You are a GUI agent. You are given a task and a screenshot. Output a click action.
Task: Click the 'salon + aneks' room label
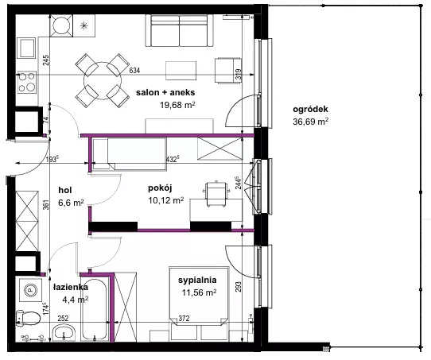pyautogui.click(x=165, y=92)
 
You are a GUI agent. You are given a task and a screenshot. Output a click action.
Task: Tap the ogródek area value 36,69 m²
pyautogui.click(x=310, y=122)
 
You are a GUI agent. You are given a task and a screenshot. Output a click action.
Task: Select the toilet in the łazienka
pyautogui.click(x=28, y=318)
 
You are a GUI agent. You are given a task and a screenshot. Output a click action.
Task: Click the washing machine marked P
pyautogui.click(x=31, y=289)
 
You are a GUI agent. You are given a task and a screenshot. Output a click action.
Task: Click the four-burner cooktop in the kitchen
pyautogui.click(x=27, y=82)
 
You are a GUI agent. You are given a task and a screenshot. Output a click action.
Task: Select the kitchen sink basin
pyautogui.click(x=26, y=48)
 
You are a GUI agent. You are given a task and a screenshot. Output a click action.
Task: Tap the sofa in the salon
pyautogui.click(x=179, y=30)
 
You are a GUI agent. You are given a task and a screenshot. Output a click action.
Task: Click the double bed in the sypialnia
pyautogui.click(x=199, y=296)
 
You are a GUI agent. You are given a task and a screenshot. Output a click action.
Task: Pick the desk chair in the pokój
pyautogui.click(x=216, y=194)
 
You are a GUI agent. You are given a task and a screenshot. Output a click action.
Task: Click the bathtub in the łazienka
pyautogui.click(x=95, y=309)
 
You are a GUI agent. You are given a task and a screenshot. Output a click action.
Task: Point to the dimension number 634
pyautogui.click(x=134, y=71)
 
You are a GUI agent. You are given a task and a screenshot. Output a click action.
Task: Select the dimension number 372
pyautogui.click(x=184, y=319)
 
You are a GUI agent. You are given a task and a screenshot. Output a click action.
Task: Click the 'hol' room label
pyautogui.click(x=65, y=190)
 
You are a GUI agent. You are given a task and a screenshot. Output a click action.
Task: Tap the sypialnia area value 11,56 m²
pyautogui.click(x=199, y=292)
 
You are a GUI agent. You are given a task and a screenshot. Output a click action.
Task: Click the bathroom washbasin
pyautogui.click(x=64, y=333)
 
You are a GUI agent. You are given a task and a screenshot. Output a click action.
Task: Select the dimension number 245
pyautogui.click(x=46, y=60)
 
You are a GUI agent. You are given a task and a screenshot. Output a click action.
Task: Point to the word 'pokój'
pyautogui.click(x=160, y=188)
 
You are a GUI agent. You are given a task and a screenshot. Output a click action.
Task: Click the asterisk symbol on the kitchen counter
pyautogui.click(x=83, y=25)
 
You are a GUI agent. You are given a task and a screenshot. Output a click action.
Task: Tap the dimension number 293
pyautogui.click(x=238, y=287)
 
